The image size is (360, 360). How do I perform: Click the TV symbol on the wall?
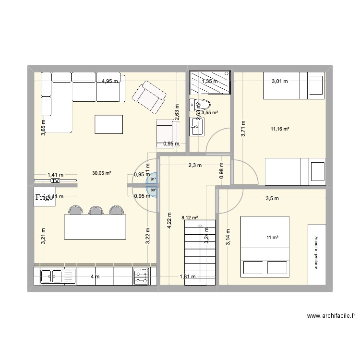tap(56, 181)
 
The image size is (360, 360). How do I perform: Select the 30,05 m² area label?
tap(101, 173)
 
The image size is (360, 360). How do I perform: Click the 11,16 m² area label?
tap(280, 129)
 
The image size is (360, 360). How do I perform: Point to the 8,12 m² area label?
tap(189, 218)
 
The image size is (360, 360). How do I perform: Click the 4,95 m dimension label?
tap(109, 81)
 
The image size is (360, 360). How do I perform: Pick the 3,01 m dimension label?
tap(279, 81)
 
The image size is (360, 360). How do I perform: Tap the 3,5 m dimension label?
tap(273, 198)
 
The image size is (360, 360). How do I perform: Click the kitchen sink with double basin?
tap(53, 276)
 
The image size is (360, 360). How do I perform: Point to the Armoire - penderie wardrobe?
tap(317, 253)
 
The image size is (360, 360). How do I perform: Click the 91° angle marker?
tap(153, 179)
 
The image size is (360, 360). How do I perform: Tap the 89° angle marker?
tap(153, 190)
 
